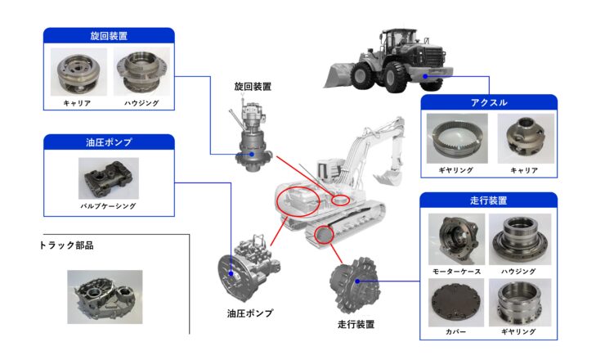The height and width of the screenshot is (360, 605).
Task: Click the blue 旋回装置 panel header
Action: (x=109, y=35)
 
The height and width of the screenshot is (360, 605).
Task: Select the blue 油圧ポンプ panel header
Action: (x=109, y=142)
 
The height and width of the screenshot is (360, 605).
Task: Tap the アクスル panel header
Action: (x=489, y=102)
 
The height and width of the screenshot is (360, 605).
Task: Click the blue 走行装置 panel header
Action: (x=488, y=200)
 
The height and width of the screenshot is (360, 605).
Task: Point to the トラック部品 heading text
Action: (x=67, y=245)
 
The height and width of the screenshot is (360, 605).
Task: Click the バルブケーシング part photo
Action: (x=109, y=178)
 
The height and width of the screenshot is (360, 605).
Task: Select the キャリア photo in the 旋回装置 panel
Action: (x=78, y=72)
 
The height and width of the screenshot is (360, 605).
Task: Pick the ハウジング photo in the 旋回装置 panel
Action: (x=141, y=72)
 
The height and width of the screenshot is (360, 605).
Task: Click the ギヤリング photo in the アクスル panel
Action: (x=457, y=138)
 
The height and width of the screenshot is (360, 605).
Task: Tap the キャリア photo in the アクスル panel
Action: (x=526, y=138)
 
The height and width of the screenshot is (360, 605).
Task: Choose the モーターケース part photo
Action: (x=456, y=239)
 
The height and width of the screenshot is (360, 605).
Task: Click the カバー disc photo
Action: (x=456, y=303)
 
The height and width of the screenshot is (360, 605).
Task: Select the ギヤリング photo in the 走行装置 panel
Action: (x=520, y=303)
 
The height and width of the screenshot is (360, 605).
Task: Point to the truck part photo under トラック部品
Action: (x=105, y=297)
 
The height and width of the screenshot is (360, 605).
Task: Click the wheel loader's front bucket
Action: (x=338, y=76)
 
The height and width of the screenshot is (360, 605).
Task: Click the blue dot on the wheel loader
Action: (x=425, y=76)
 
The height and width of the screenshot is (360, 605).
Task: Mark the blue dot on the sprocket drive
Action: (x=357, y=281)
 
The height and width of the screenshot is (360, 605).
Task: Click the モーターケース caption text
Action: (x=456, y=272)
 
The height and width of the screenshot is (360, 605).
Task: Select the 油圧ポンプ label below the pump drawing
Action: (x=250, y=313)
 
